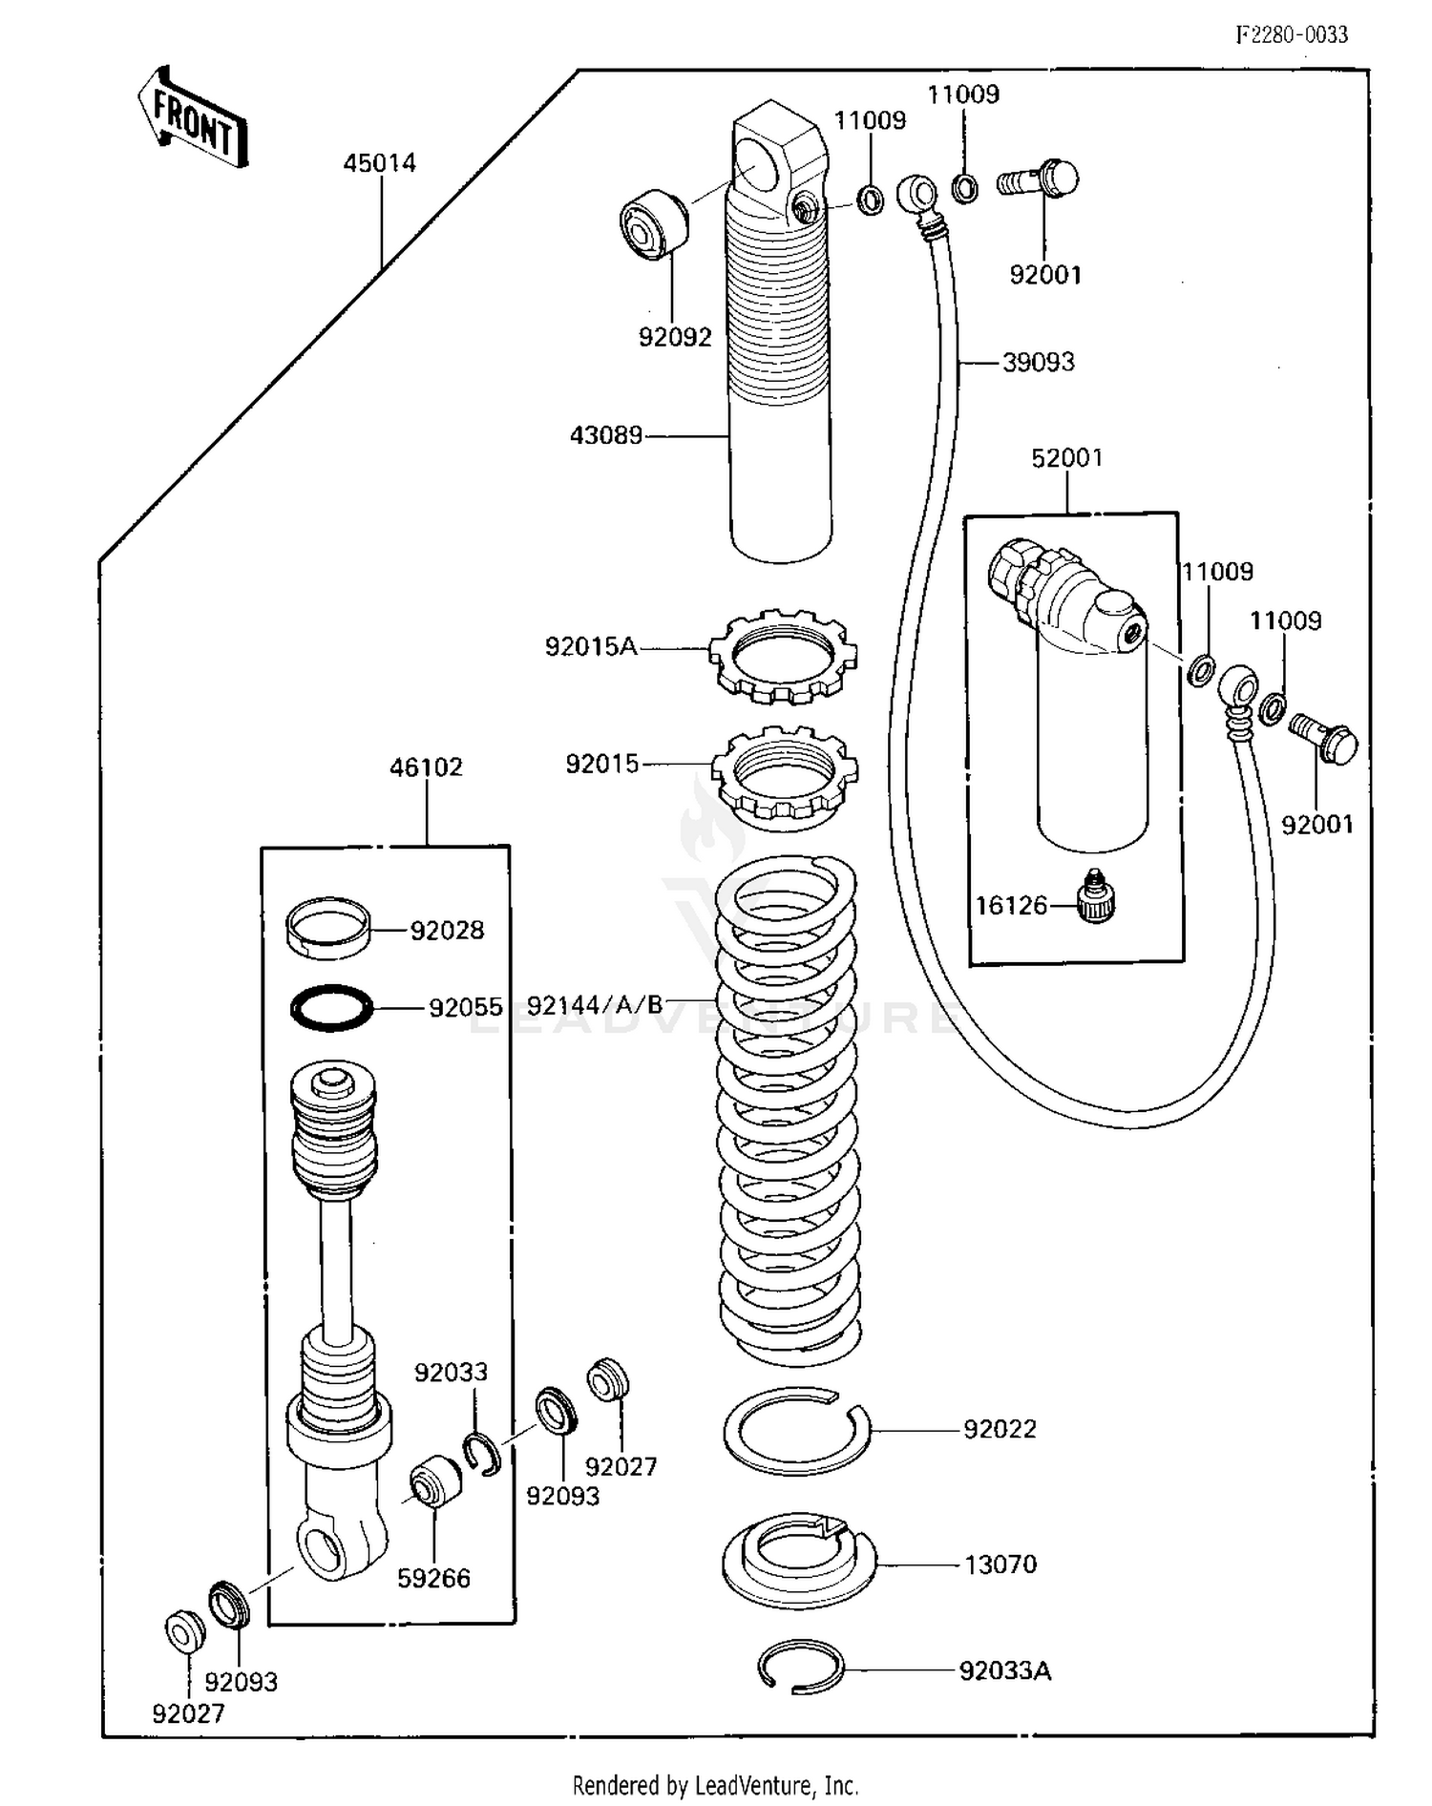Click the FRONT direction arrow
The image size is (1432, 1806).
click(194, 118)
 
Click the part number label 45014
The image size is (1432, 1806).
click(379, 163)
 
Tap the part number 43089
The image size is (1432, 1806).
click(605, 436)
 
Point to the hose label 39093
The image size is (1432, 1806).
click(1038, 363)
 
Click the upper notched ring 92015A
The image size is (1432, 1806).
click(783, 657)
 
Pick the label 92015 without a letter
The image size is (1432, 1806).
click(601, 765)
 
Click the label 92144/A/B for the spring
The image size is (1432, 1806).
click(595, 1005)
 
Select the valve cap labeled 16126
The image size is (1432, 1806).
click(1095, 897)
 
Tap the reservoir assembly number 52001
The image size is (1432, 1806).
click(1066, 458)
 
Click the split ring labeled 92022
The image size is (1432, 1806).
click(795, 1429)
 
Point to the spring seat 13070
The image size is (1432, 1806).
click(798, 1564)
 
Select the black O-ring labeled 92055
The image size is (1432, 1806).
click(330, 1007)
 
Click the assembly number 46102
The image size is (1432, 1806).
click(426, 767)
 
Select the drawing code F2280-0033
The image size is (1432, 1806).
click(1292, 35)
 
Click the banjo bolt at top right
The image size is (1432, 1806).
click(1040, 179)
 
